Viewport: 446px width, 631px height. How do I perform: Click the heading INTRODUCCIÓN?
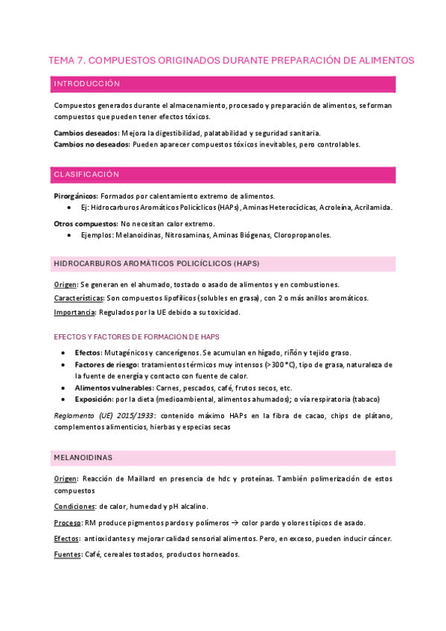coord(87,84)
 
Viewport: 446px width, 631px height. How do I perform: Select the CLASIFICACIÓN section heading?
coord(86,174)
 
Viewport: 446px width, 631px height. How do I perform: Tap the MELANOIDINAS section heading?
coord(83,456)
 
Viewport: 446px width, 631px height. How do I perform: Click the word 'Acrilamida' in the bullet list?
coord(372,207)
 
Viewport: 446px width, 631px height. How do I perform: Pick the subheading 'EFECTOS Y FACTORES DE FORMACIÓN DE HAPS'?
coord(136,336)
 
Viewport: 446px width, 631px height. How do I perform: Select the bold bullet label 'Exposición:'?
coord(95,399)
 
